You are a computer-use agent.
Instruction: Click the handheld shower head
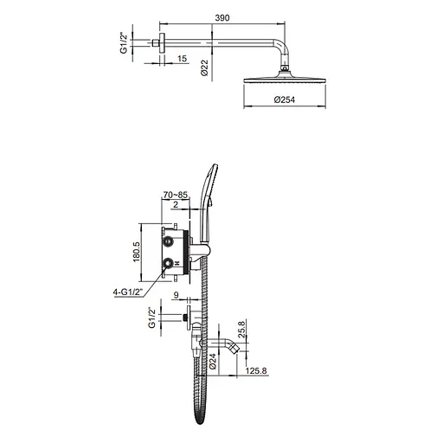point(209,187)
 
